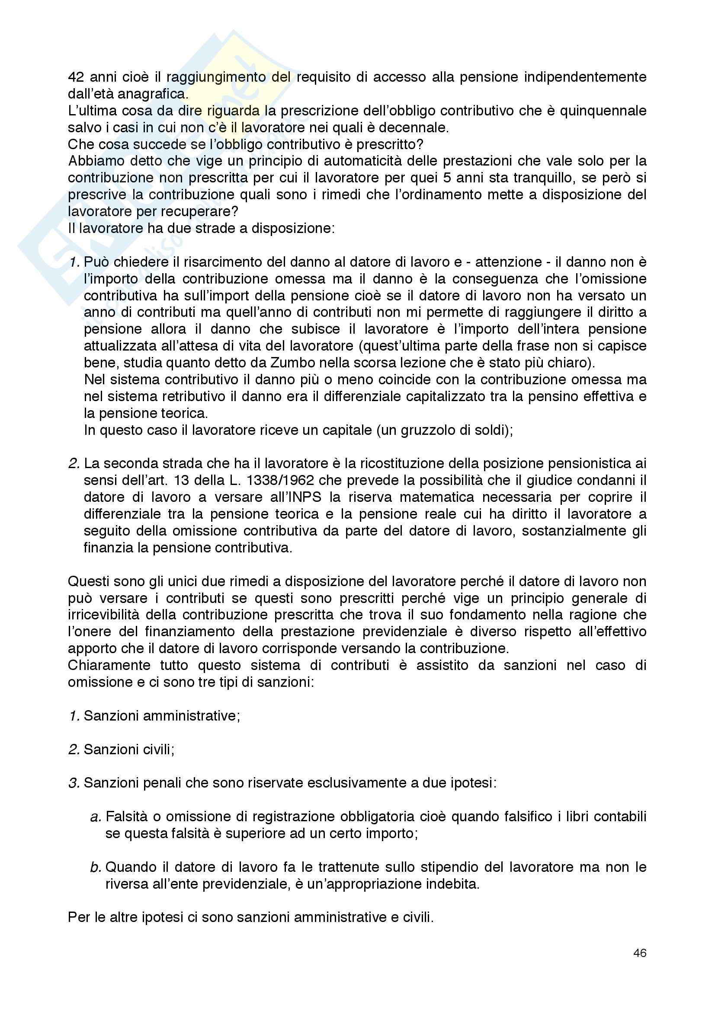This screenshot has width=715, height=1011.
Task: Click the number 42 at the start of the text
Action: (76, 77)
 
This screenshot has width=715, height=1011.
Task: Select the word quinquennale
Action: (603, 111)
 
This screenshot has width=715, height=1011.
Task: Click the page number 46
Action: (640, 954)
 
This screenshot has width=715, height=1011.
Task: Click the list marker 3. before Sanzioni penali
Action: (74, 783)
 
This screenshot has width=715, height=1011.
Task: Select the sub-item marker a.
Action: (96, 817)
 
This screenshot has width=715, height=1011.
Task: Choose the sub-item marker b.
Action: (96, 867)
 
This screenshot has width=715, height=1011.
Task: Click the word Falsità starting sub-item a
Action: (126, 817)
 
